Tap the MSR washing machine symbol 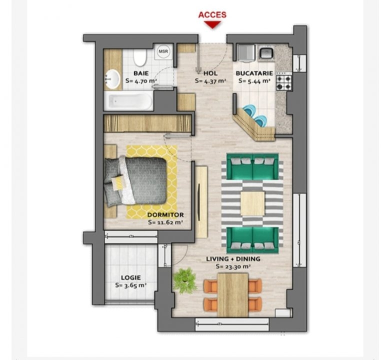click(x=163, y=51)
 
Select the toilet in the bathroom click(x=140, y=57)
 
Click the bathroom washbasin click(x=112, y=79)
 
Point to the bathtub click(x=128, y=101)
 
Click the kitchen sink click(x=266, y=52)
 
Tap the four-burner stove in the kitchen click(x=284, y=83)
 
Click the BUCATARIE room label click(x=254, y=73)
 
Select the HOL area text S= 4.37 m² click(x=210, y=81)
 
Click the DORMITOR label click(x=165, y=214)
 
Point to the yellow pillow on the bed click(x=118, y=182)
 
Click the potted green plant click(x=185, y=280)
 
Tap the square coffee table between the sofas click(x=252, y=203)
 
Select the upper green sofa click(x=252, y=166)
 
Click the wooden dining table click(x=233, y=295)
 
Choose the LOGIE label click(x=131, y=277)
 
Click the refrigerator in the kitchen click(x=245, y=52)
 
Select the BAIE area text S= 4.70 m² click(x=141, y=81)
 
